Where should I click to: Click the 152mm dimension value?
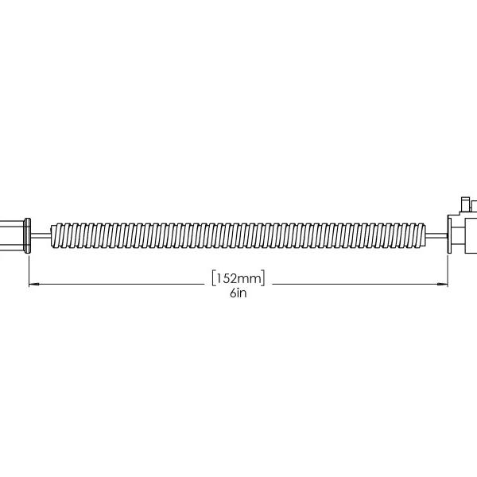238,277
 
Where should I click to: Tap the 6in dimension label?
238,293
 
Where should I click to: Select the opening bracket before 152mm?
214,277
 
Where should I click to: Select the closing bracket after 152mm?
263,277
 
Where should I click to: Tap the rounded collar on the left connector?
29,235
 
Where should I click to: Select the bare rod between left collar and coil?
41,235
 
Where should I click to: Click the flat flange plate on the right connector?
448,235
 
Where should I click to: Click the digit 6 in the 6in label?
232,293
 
